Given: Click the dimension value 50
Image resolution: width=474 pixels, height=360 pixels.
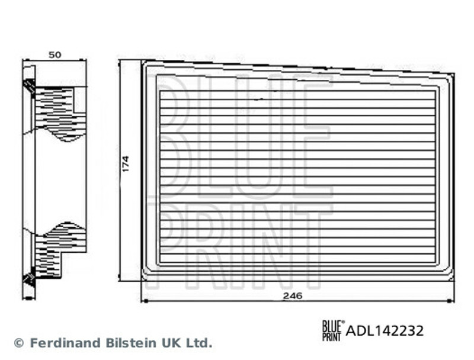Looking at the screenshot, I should [55, 54].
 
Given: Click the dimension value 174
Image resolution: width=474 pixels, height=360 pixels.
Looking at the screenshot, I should [126, 164].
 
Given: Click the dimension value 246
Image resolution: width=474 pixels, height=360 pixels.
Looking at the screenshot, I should [293, 296].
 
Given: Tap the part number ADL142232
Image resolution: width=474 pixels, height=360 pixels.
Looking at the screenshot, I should [385, 330].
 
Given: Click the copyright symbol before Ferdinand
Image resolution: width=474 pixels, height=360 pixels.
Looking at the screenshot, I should [18, 343].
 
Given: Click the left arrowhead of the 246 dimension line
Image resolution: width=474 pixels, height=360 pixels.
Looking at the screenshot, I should [144, 301].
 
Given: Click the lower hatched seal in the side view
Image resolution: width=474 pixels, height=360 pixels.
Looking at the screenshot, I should [28, 279].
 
